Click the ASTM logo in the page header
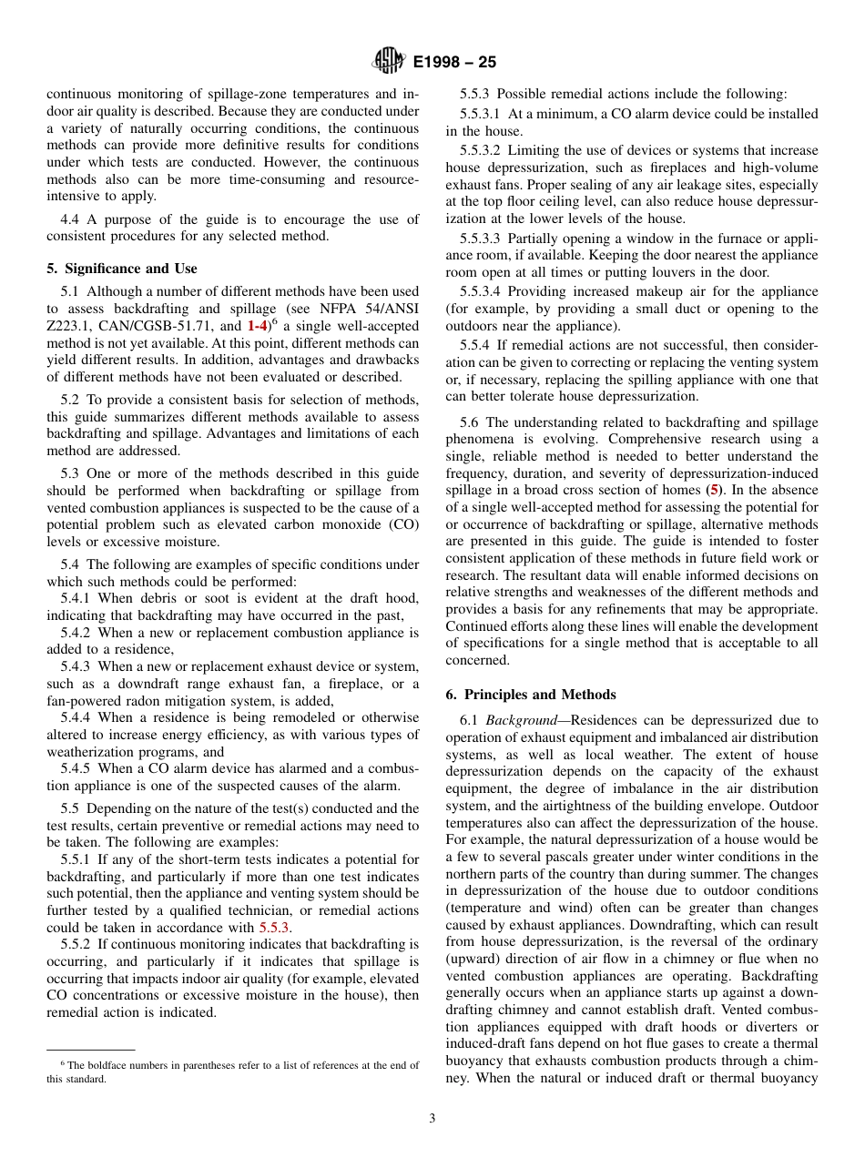click(389, 62)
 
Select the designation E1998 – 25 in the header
click(454, 63)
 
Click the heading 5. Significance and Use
click(122, 269)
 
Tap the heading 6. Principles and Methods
click(531, 695)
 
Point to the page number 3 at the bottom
click(432, 1118)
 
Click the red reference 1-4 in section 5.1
click(257, 326)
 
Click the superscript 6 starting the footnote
click(63, 1062)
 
